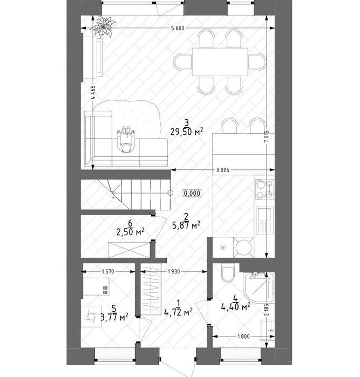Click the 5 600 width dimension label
[178, 29]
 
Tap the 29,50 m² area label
[187, 132]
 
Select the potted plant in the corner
[103, 26]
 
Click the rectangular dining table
[220, 62]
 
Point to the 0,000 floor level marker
[192, 193]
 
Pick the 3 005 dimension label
[222, 170]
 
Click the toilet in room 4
[228, 273]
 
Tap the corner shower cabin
[259, 287]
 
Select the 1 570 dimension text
[108, 272]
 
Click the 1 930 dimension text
[174, 272]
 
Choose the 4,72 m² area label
[178, 313]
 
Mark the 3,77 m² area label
[114, 317]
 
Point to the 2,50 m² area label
[130, 232]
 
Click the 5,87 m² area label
[186, 225]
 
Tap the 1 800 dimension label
[243, 337]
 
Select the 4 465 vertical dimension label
[93, 92]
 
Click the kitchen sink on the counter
[265, 220]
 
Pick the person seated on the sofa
[126, 140]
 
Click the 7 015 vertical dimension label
[267, 137]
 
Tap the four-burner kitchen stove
[264, 189]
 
